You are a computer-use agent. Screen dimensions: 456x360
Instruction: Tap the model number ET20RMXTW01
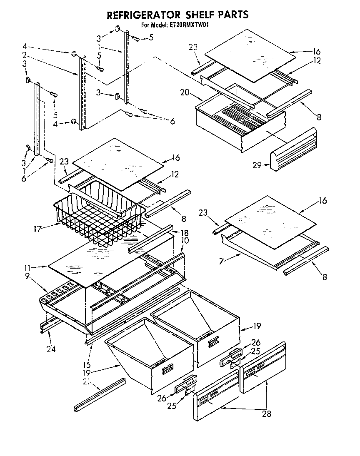coord(192,25)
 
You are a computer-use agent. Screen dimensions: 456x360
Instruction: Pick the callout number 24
coord(51,349)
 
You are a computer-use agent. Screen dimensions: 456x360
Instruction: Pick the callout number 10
coord(185,241)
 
